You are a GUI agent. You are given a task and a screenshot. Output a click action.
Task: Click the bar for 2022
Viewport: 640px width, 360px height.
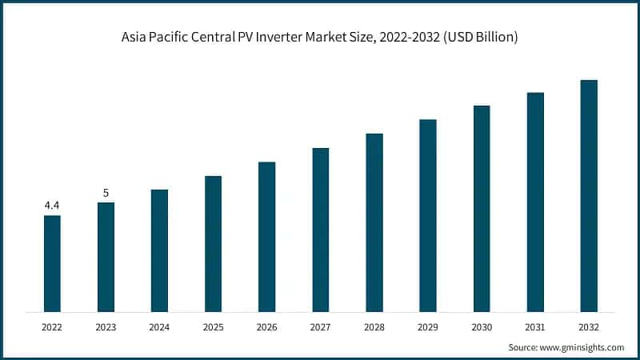click(x=52, y=263)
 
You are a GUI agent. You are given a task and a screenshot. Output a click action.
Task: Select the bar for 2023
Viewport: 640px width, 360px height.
click(x=106, y=257)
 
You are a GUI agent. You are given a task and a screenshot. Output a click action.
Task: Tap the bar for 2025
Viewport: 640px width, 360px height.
click(x=213, y=243)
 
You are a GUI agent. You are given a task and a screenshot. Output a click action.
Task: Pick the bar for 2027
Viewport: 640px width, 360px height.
click(x=320, y=230)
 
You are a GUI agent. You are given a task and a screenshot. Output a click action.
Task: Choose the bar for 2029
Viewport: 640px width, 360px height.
click(x=428, y=215)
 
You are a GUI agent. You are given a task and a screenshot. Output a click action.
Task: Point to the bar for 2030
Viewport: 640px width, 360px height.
click(x=482, y=208)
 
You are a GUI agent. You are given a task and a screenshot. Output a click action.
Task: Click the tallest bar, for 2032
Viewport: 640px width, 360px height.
click(x=589, y=195)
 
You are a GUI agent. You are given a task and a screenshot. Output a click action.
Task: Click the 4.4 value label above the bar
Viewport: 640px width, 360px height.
click(x=52, y=206)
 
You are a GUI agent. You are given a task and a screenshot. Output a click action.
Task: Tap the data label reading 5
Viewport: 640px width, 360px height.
click(x=106, y=193)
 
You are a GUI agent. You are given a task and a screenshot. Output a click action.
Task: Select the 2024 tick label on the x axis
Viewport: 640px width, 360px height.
click(x=159, y=327)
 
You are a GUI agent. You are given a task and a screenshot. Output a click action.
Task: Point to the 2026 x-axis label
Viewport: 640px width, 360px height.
click(x=266, y=327)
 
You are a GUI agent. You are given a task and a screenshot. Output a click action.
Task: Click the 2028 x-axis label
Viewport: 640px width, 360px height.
click(x=374, y=327)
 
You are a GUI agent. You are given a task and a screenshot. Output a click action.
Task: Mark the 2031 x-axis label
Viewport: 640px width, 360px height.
click(x=535, y=327)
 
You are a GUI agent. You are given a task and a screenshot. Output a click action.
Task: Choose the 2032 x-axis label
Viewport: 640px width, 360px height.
click(x=589, y=327)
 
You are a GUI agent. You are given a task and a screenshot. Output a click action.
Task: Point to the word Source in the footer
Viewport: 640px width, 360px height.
click(x=524, y=347)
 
